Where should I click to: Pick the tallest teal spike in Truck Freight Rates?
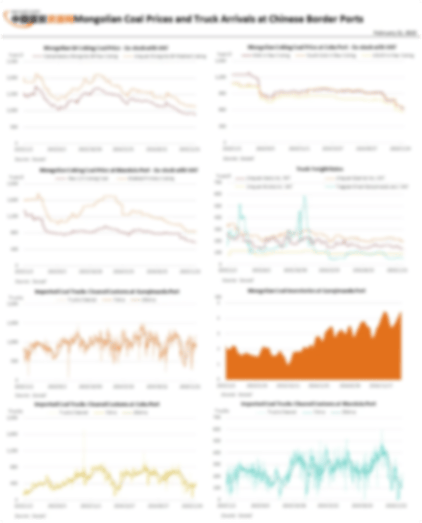(304, 197)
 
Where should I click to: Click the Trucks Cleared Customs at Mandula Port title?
(309, 404)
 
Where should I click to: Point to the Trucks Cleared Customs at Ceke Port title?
(98, 404)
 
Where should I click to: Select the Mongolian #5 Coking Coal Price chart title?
(106, 47)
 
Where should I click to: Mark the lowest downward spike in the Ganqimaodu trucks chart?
(68, 376)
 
